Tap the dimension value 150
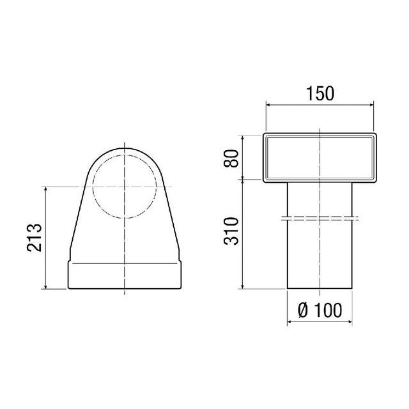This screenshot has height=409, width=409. [x=320, y=93]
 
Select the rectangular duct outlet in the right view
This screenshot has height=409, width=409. [x=319, y=157]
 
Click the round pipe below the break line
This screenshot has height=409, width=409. [x=319, y=256]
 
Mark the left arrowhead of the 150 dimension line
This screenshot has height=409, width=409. [x=266, y=105]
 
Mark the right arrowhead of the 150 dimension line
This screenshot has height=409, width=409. [x=373, y=105]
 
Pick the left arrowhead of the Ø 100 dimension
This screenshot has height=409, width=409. [x=289, y=322]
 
